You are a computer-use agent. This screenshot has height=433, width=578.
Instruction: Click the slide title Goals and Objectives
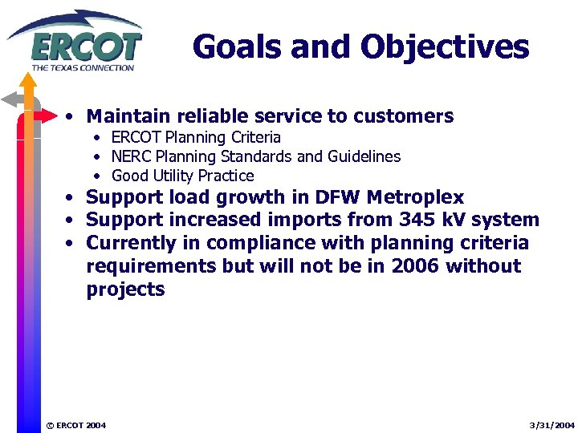pyautogui.click(x=360, y=47)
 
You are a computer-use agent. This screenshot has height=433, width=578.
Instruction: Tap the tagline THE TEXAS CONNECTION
pyautogui.click(x=82, y=67)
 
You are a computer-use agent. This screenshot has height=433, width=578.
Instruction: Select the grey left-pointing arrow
pyautogui.click(x=14, y=99)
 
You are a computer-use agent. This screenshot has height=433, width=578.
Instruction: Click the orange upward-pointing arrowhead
pyautogui.click(x=29, y=80)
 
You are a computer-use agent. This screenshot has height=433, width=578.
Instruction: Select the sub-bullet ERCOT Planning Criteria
pyautogui.click(x=196, y=137)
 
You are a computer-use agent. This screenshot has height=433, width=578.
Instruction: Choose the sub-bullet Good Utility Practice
pyautogui.click(x=182, y=176)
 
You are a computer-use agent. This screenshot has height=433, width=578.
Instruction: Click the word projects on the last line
pyautogui.click(x=125, y=289)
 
